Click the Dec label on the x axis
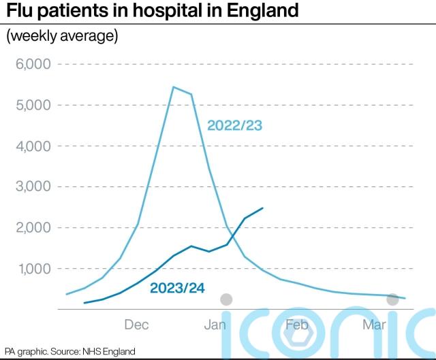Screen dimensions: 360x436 [137, 325]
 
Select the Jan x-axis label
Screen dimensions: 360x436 [215, 325]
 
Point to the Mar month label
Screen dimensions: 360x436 [374, 325]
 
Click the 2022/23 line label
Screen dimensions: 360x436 [234, 126]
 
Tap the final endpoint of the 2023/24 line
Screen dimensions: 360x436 [262, 208]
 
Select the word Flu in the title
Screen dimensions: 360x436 [21, 12]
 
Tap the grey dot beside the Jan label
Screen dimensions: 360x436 [227, 299]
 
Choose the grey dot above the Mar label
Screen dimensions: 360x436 [392, 299]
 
